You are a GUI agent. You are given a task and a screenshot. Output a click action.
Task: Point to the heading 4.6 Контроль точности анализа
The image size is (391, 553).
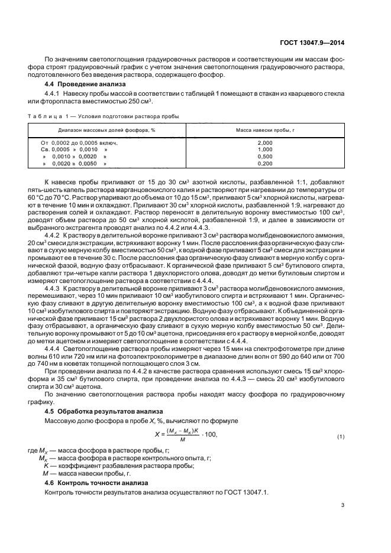pyautogui.click(x=88, y=483)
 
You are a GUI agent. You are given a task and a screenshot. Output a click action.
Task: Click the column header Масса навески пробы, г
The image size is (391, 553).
pyautogui.click(x=266, y=129)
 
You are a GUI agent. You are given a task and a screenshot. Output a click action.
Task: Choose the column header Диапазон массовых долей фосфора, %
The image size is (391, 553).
pyautogui.click(x=106, y=129)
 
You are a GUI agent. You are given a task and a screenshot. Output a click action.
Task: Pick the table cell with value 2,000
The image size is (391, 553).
pyautogui.click(x=266, y=143)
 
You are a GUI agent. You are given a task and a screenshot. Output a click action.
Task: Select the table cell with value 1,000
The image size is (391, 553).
pyautogui.click(x=266, y=149)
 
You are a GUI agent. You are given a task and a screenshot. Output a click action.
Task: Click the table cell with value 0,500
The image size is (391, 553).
pyautogui.click(x=266, y=156)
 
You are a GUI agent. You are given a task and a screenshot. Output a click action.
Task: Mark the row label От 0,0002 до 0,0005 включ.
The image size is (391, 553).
pyautogui.click(x=79, y=143)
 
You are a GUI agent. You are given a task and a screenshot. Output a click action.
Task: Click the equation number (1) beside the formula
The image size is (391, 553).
pyautogui.click(x=340, y=437)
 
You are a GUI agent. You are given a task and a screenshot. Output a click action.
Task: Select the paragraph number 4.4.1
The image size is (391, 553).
pyautogui.click(x=54, y=94)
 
